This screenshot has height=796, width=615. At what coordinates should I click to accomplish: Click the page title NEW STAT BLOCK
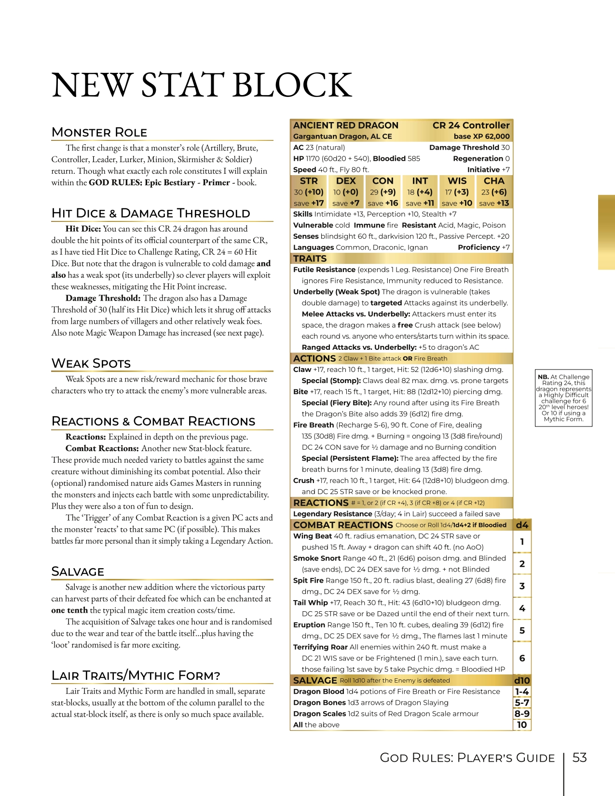[x=202, y=85]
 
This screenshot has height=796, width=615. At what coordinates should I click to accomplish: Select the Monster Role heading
[x=99, y=132]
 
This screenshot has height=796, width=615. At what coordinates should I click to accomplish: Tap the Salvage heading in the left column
[x=78, y=572]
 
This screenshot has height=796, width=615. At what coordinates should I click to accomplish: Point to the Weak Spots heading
[x=91, y=363]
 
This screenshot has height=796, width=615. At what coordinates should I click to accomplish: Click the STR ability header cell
[x=309, y=181]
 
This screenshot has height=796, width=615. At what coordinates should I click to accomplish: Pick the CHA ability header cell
[x=494, y=181]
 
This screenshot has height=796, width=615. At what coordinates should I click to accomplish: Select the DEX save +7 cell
[x=346, y=203]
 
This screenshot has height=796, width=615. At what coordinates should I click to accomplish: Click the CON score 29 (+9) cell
[x=383, y=192]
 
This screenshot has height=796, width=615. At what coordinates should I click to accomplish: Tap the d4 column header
[x=522, y=525]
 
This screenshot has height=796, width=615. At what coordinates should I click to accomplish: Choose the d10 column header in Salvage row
[x=522, y=680]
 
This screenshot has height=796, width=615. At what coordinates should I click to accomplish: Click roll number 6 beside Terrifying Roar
[x=522, y=658]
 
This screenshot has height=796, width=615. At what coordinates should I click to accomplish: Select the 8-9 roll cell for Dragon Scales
[x=522, y=714]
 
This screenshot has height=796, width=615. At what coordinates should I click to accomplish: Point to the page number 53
[x=579, y=757]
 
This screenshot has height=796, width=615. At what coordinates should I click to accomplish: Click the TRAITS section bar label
[x=310, y=259]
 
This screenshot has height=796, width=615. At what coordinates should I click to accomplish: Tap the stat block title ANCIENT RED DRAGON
[x=346, y=125]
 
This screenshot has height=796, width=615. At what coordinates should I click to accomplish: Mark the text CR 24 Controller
[x=471, y=125]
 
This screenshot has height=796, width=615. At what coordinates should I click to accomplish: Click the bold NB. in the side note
[x=544, y=377]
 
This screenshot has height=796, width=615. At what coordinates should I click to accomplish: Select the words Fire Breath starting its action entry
[x=314, y=425]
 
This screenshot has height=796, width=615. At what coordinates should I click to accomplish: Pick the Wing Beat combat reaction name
[x=313, y=536]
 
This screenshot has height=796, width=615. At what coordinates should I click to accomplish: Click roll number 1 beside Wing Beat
[x=522, y=542]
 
